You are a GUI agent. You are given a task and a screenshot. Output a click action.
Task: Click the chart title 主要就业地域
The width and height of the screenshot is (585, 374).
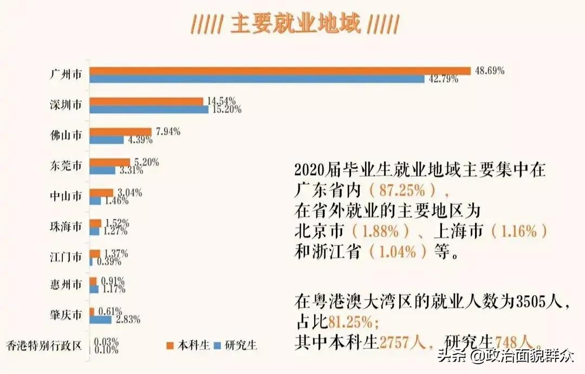(295, 24)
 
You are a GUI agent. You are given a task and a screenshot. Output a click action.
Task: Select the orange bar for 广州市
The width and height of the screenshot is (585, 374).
(279, 70)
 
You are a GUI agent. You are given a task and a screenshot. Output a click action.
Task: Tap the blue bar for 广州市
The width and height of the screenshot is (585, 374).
(257, 79)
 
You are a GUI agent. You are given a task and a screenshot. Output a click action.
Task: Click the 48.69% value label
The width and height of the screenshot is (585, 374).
(489, 70)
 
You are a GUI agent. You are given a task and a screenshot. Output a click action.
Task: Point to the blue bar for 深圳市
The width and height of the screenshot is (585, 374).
(149, 109)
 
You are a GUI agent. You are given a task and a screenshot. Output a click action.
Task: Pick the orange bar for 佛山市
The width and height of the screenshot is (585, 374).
(120, 132)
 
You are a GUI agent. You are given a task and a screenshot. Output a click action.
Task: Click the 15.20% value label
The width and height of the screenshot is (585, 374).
(225, 109)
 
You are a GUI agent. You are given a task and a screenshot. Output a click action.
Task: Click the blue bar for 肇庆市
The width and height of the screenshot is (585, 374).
(100, 320)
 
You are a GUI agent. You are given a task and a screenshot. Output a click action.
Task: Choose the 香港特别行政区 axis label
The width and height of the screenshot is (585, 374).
(44, 345)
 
